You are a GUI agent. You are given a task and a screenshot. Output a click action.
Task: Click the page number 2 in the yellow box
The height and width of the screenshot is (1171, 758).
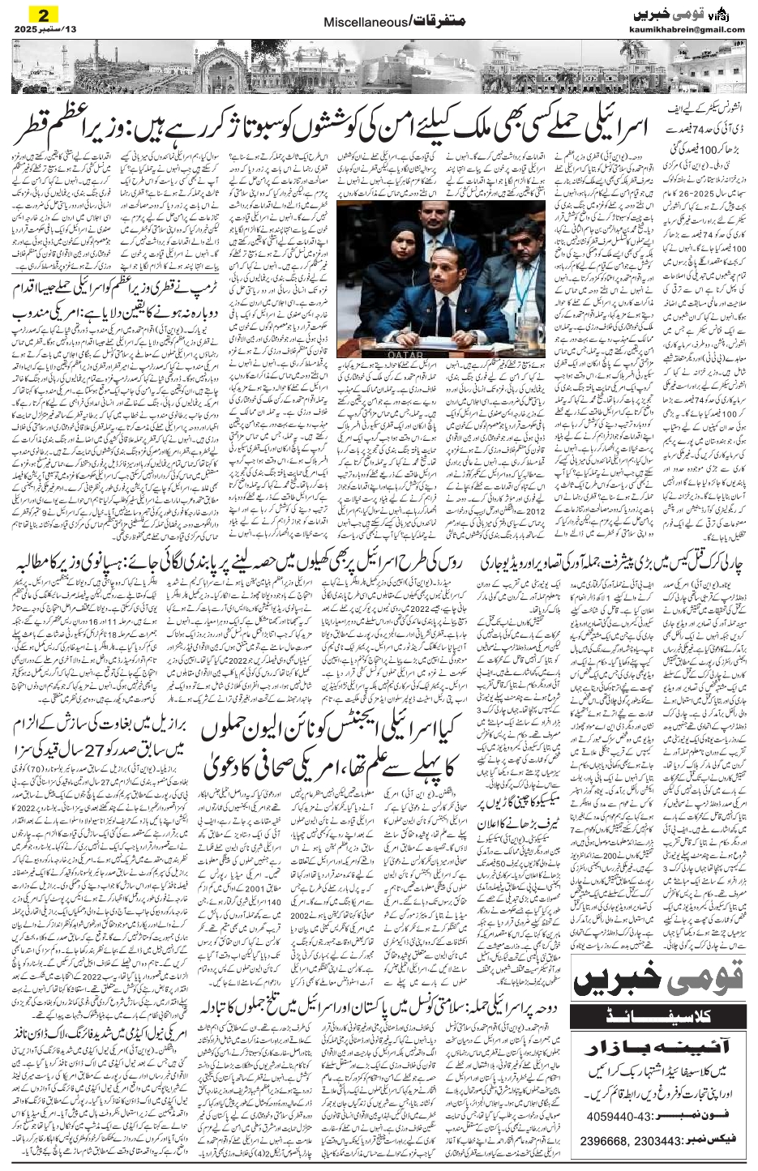(x=35, y=15)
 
